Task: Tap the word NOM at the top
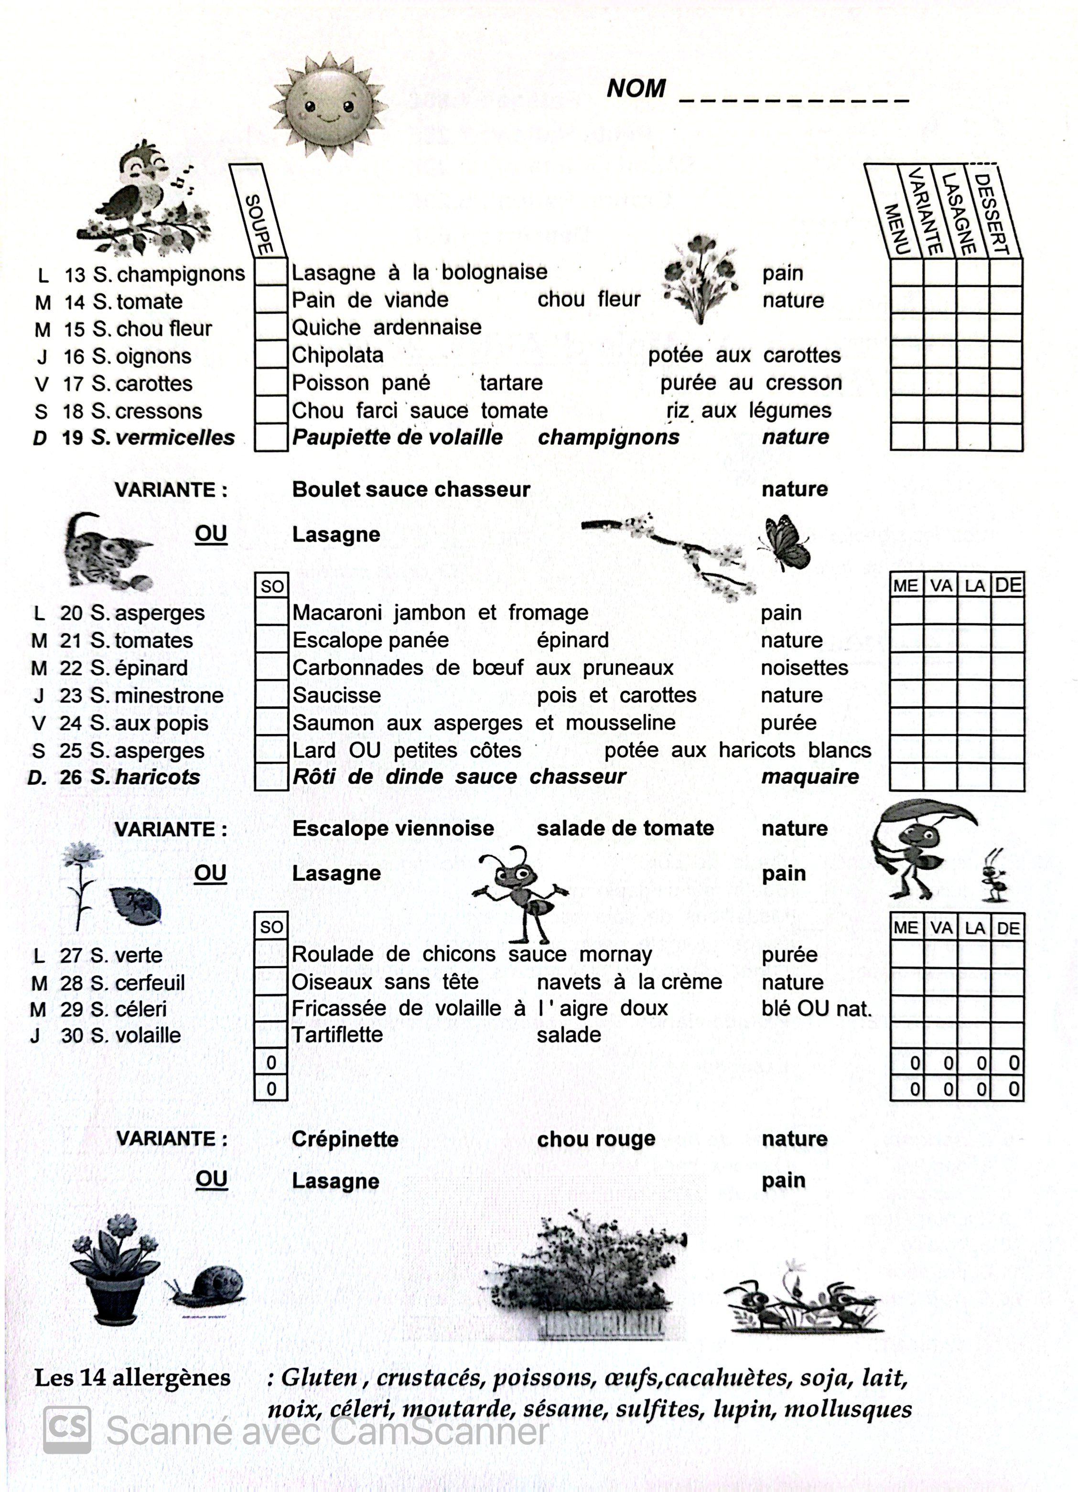636,89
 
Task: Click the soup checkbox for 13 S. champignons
270,272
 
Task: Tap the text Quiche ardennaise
386,328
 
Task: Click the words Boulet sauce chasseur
410,490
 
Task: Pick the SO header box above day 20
271,586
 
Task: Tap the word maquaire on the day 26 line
809,777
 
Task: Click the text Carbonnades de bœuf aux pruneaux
483,668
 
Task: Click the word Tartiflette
337,1035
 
